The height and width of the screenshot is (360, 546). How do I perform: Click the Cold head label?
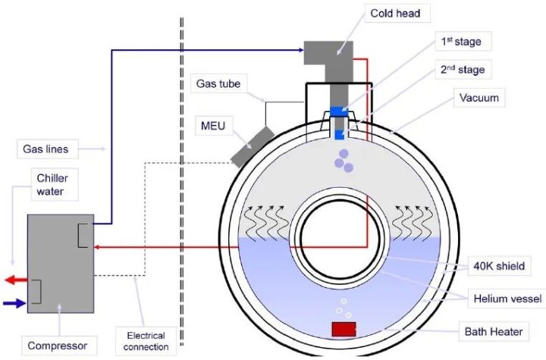click(x=395, y=14)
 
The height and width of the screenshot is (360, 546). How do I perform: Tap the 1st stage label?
click(x=461, y=42)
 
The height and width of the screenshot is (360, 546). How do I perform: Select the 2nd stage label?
click(x=463, y=70)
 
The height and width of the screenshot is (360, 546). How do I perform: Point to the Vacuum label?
click(x=479, y=98)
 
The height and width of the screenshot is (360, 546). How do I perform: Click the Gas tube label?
click(x=218, y=83)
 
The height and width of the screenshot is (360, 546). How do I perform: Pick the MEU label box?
click(x=213, y=126)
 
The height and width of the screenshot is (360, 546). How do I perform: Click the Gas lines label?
click(x=45, y=149)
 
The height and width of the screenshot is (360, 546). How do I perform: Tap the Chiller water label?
click(x=52, y=184)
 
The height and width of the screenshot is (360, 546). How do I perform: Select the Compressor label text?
click(x=58, y=346)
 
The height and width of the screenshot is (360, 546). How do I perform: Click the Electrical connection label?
click(x=146, y=341)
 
